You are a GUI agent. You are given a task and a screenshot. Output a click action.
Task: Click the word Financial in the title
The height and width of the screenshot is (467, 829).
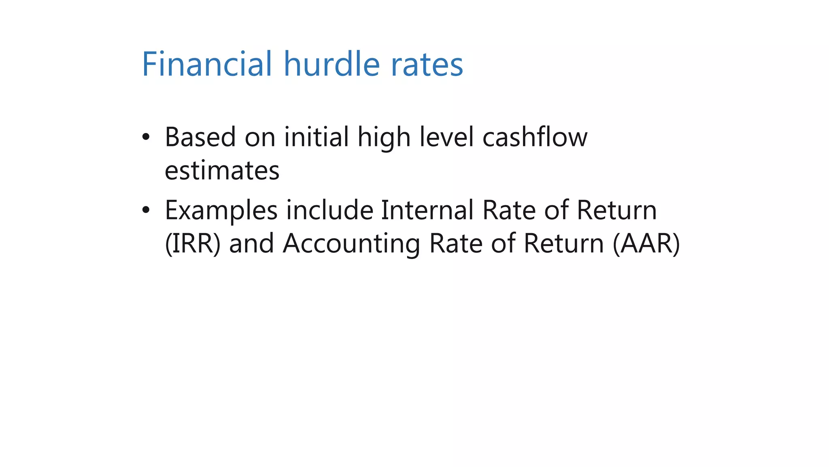point(206,64)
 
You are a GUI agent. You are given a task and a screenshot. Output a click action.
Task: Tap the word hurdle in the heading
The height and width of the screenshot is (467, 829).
point(332,64)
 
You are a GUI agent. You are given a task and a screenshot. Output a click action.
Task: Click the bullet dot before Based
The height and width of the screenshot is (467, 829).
point(146,137)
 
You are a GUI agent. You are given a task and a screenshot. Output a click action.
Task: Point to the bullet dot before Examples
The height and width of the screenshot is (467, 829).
point(146,210)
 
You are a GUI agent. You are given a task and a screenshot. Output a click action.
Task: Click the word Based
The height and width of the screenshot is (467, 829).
point(200,137)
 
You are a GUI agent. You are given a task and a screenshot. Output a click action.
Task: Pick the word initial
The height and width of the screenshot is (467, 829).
point(316,137)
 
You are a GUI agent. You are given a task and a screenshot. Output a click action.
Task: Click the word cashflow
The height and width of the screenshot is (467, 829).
point(535,137)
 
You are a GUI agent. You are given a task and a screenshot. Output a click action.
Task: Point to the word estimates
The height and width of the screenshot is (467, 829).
point(222,170)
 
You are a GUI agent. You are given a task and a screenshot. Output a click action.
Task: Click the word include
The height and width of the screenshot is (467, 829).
point(329,210)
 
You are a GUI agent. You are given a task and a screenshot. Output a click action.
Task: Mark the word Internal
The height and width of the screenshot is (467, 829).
point(427,210)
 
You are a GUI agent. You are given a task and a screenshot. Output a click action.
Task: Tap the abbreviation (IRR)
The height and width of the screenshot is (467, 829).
point(193,244)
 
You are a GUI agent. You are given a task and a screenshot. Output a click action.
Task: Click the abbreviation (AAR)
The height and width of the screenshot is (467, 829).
point(646,244)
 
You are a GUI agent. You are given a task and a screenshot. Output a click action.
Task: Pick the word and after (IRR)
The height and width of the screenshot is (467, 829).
point(251,244)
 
